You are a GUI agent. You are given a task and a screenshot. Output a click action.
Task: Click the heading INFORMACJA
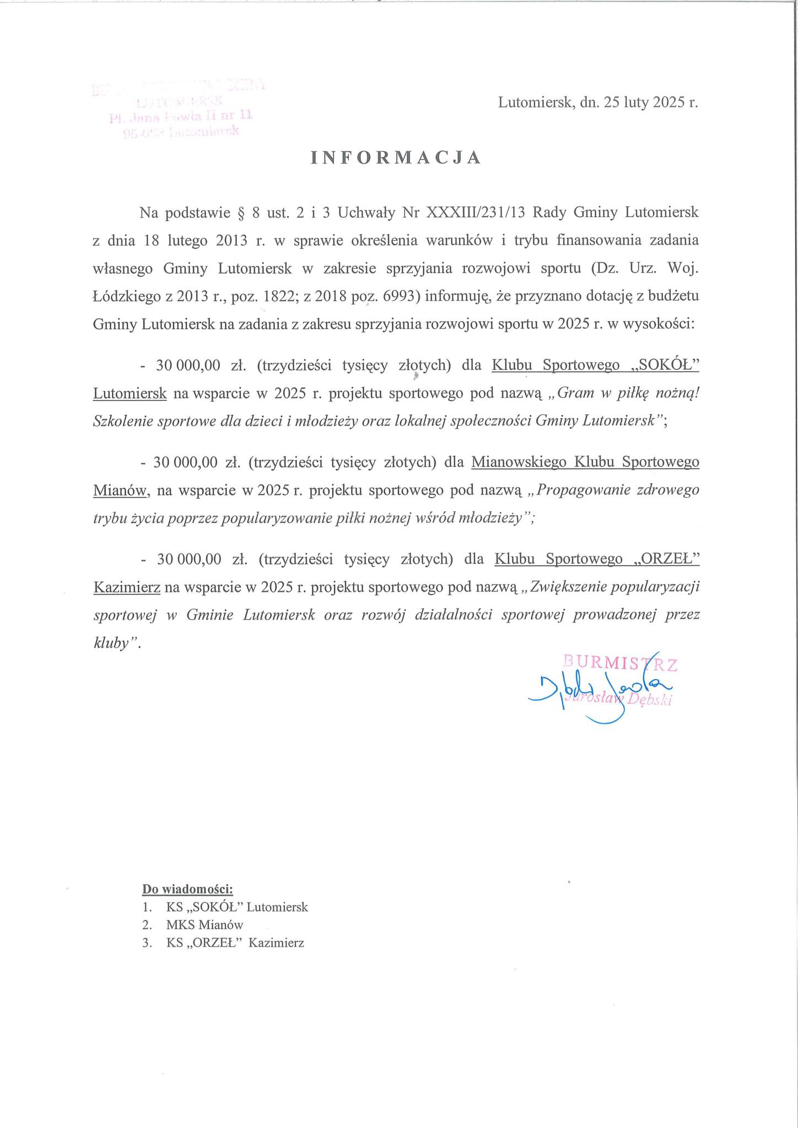click(x=396, y=158)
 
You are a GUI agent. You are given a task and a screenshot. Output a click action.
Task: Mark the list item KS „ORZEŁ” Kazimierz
click(x=235, y=943)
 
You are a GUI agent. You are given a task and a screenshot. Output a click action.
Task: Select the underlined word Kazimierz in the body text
click(x=127, y=588)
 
